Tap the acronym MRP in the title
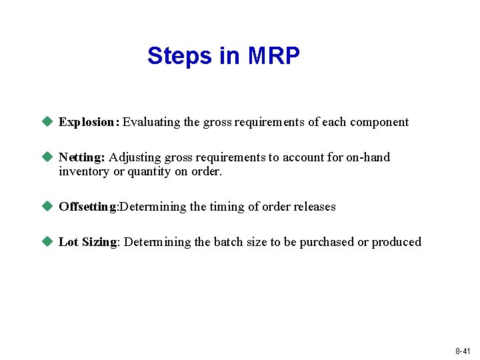tap(273, 56)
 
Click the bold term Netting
tap(82, 157)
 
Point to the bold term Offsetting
tap(87, 207)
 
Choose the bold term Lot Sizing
tap(88, 242)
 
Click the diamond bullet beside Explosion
tap(47, 121)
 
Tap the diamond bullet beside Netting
tap(47, 157)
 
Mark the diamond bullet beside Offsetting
tap(47, 206)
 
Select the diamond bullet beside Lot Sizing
tap(47, 241)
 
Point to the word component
tap(379, 122)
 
